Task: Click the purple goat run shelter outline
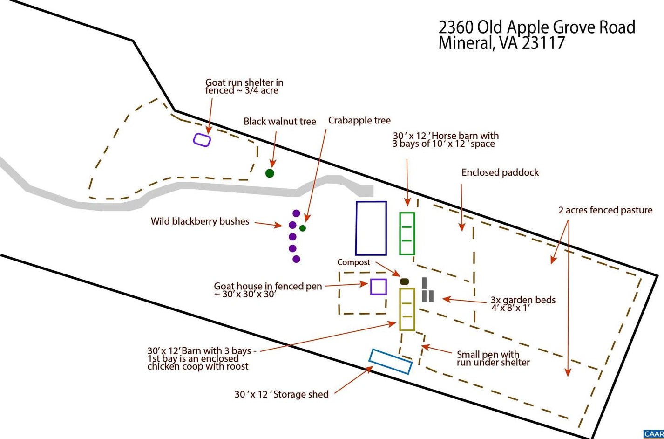coord(194,139)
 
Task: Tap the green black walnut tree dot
coord(270,173)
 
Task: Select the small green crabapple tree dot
coord(302,228)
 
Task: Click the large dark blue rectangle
coord(356,228)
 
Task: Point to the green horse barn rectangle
coord(400,233)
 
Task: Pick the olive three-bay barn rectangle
coord(400,309)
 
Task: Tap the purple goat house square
coord(371,287)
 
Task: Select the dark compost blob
coord(404,281)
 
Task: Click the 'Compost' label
coord(353,262)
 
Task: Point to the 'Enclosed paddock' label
coord(500,172)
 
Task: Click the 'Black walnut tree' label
coord(279,121)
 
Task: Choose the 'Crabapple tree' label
coord(359,120)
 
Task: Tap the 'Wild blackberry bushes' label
coord(200,221)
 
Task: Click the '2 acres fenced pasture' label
coord(605,210)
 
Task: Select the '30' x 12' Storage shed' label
coord(282,394)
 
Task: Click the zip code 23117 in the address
coord(543,43)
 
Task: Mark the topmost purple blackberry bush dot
coord(296,213)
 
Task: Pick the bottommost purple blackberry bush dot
coord(296,259)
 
